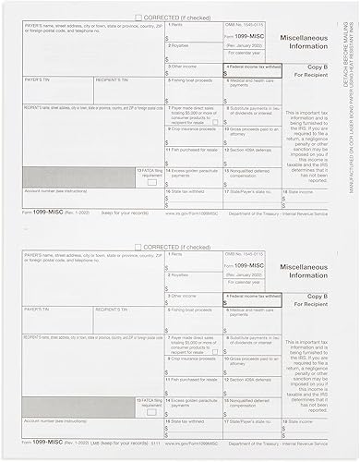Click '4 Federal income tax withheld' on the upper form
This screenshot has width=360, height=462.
point(250,67)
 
